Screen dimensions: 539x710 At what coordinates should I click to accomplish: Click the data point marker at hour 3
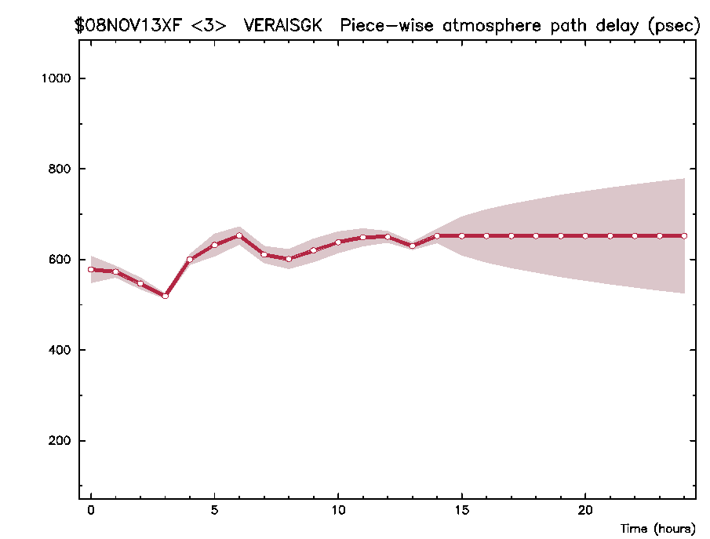[x=165, y=296]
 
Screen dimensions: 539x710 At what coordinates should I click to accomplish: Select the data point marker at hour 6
[x=239, y=235]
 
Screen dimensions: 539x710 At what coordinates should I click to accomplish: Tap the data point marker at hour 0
[x=91, y=269]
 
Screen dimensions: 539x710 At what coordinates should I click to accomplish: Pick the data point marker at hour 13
[x=412, y=246]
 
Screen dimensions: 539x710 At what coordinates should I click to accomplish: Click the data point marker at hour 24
[x=684, y=235]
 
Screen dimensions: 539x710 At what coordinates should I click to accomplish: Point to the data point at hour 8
[x=289, y=259]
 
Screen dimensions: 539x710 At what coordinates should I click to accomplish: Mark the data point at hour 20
[x=585, y=235]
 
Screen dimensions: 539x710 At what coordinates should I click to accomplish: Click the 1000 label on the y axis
[x=57, y=79]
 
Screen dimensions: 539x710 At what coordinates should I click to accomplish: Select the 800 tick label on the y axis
[x=61, y=169]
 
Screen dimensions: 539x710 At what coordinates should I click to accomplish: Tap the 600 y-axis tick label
[x=61, y=260]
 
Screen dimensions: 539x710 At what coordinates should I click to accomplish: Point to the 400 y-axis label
[x=61, y=350]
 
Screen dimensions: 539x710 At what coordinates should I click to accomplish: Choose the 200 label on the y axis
[x=61, y=441]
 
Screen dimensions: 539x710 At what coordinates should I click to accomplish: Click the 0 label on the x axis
[x=91, y=508]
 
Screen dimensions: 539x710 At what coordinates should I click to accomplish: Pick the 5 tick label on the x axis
[x=214, y=508]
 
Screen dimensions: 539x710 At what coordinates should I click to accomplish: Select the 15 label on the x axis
[x=461, y=508]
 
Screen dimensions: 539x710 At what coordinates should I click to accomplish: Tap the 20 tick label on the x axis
[x=585, y=508]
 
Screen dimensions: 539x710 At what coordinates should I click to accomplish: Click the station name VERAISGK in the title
[x=282, y=25]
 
